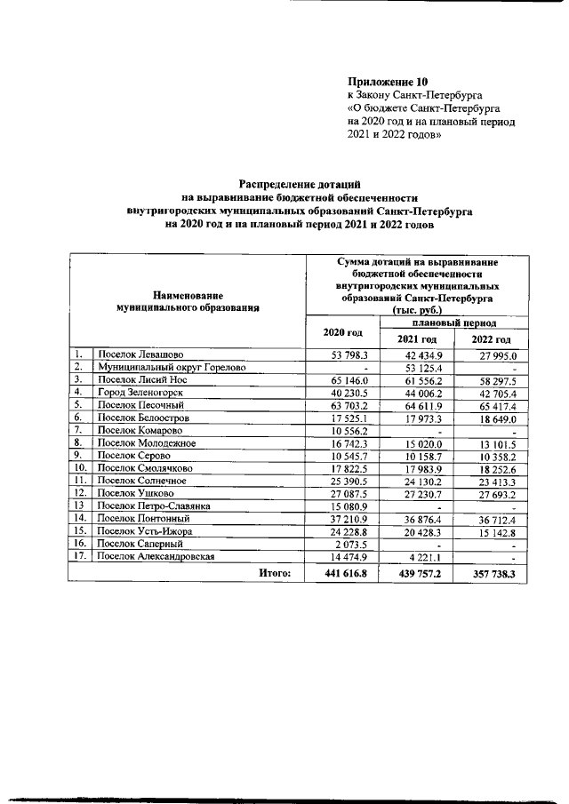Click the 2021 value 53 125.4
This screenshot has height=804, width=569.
click(412, 367)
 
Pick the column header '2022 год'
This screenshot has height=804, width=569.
click(491, 339)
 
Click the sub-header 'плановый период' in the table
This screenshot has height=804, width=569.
click(453, 322)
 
